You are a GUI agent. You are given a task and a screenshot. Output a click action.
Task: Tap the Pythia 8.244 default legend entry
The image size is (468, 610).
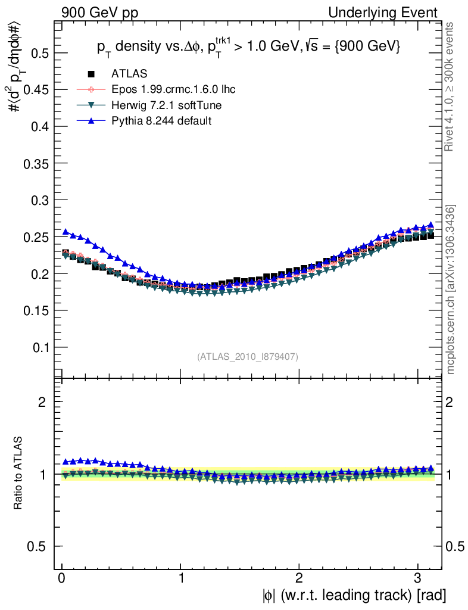[161, 121]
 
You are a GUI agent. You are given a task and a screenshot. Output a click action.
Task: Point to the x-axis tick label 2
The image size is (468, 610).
[299, 578]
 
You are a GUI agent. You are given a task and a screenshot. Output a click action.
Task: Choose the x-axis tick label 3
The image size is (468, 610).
[418, 578]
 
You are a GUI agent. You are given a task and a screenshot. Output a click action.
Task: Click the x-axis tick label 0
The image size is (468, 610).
[62, 578]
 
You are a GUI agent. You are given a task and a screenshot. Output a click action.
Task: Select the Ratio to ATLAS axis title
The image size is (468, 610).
[19, 474]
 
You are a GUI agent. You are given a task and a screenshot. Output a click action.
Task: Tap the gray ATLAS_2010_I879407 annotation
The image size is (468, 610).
[248, 356]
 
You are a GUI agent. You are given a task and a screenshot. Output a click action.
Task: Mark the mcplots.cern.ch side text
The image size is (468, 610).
[451, 290]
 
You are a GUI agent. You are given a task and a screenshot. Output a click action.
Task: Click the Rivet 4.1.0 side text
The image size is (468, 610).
[451, 86]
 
